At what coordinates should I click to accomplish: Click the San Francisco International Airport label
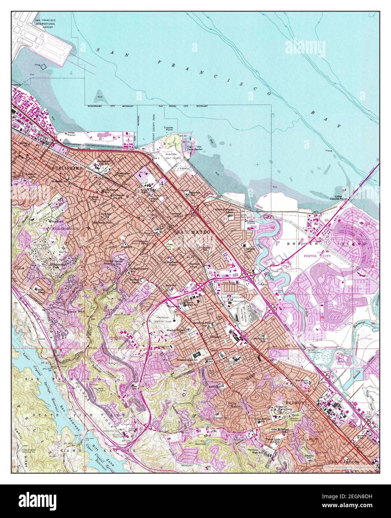[x=45, y=23]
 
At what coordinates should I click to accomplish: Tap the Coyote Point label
[x=169, y=129]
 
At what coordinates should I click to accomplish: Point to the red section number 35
[x=322, y=317]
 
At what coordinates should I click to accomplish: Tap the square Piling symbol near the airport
[x=43, y=66]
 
